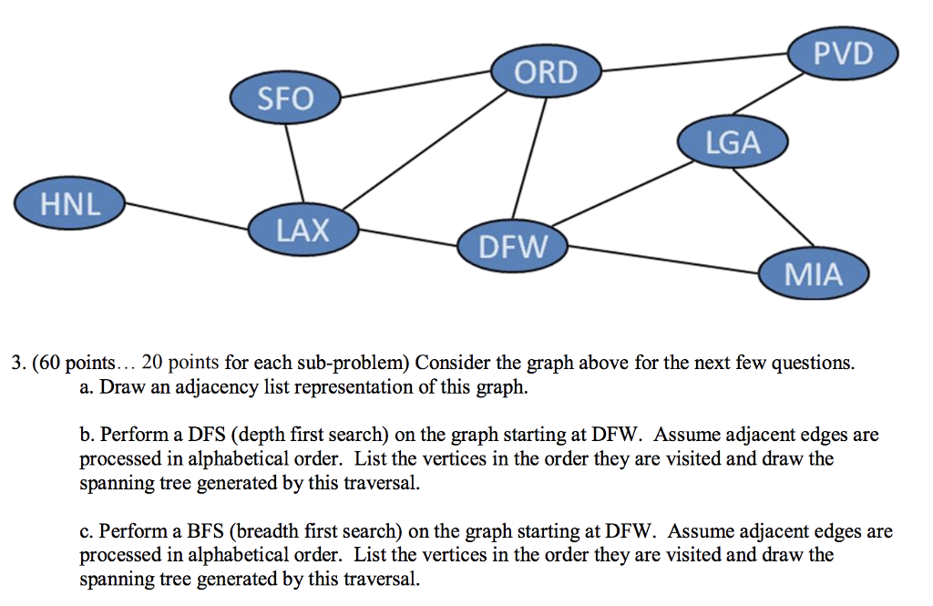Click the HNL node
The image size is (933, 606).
[x=70, y=203]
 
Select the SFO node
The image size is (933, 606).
[x=285, y=98]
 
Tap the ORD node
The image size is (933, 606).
[x=546, y=71]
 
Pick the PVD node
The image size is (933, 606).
[x=843, y=54]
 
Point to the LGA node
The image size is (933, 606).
[x=733, y=143]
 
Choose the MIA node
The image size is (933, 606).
[x=814, y=273]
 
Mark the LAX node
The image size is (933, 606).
[x=303, y=229]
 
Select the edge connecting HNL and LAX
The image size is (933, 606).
[x=187, y=217]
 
